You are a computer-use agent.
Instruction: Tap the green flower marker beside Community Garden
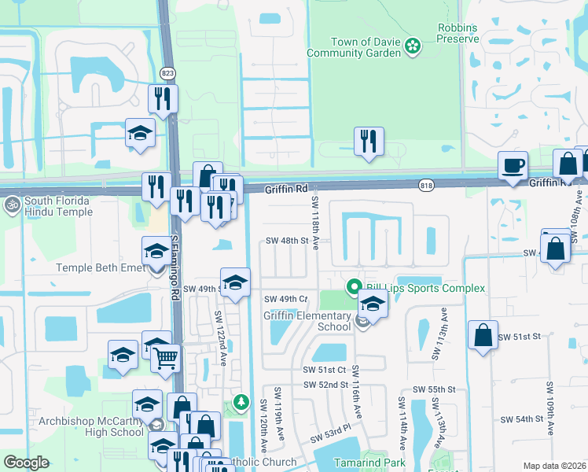point(411,47)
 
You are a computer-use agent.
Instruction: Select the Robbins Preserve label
point(458,33)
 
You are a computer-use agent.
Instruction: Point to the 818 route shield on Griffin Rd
point(426,185)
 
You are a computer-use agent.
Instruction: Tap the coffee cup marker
point(513,166)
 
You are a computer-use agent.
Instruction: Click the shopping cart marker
point(165,358)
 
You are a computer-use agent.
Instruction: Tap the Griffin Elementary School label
point(307,321)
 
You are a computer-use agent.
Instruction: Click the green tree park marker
point(242,403)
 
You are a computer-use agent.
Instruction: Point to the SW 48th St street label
point(285,241)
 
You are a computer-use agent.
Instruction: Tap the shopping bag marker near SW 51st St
point(483,335)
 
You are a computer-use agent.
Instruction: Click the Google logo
point(26,463)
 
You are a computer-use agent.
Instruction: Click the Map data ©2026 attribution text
point(554,466)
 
